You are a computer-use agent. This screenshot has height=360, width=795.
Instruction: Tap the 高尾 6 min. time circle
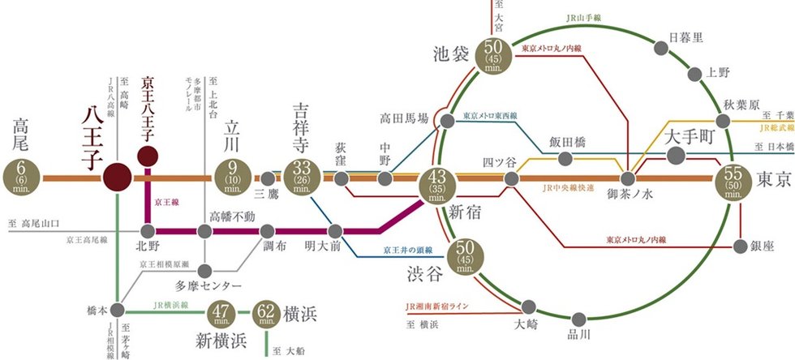tap(21, 176)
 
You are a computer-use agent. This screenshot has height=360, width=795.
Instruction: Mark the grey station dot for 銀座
tap(740, 246)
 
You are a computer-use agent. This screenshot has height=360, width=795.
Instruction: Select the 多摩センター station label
tap(208, 286)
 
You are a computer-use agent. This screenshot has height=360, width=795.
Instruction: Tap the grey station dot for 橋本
tap(118, 309)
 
